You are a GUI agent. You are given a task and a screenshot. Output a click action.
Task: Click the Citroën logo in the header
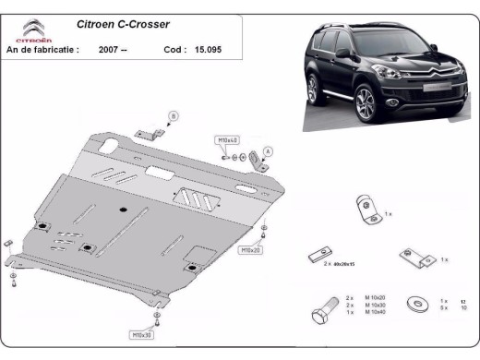30,32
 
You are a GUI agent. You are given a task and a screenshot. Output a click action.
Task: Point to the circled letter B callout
171,115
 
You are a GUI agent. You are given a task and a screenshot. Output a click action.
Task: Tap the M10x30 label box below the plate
141,334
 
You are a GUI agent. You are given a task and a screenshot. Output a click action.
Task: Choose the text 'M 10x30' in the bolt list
375,305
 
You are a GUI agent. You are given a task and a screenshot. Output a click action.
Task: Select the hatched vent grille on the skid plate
196,196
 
